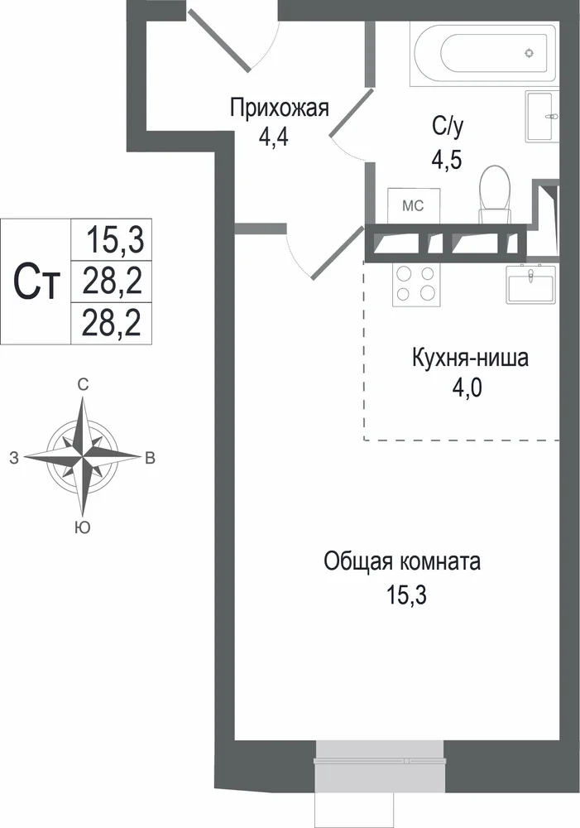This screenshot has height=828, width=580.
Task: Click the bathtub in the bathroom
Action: coord(484,53)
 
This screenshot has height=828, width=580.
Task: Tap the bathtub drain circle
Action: coord(529,53)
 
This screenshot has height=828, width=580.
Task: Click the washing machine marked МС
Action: coord(413,205)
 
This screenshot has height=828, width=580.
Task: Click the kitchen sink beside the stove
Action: coord(530,283)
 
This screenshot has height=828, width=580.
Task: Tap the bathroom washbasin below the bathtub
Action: coord(541,116)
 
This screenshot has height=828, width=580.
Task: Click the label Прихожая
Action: coord(279,108)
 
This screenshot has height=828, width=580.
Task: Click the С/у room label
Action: coord(448,126)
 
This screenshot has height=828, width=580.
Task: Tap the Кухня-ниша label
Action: coord(470,358)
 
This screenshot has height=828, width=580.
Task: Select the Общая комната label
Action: coord(402,562)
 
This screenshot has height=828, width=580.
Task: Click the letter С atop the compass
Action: coord(83,385)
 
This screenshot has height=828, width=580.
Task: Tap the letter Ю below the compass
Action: coord(83,527)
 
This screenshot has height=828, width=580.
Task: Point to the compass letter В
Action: coord(151,458)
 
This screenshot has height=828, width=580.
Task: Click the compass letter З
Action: coord(14,458)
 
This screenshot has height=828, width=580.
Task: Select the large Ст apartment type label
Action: coord(36,282)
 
